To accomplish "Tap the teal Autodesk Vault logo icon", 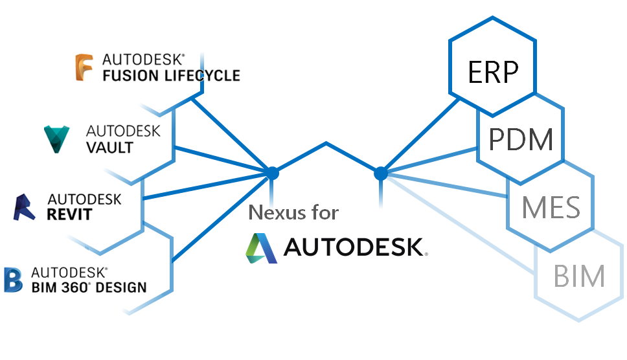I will tap(58, 139).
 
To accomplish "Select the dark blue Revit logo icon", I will tap(25, 207).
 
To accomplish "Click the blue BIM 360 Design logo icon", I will tap(13, 279).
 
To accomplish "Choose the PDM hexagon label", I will tap(521, 140).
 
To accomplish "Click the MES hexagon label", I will tap(551, 208).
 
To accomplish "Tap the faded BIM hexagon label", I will tap(579, 276).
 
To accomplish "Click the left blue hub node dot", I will tap(273, 173).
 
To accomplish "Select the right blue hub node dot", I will tap(381, 173).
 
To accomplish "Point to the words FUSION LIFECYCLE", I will tap(171, 76).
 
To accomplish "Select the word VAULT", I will tap(109, 147).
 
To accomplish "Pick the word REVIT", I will tap(69, 214).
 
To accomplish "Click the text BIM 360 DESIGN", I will tap(89, 287).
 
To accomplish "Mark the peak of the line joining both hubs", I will tap(326, 143).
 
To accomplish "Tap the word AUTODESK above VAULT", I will tap(123, 131).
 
